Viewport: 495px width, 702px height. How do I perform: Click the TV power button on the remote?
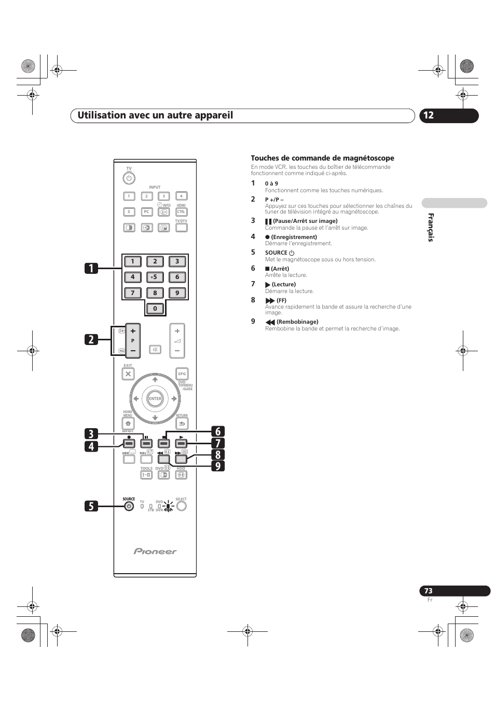[129, 178]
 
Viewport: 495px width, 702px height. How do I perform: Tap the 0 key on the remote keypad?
[155, 309]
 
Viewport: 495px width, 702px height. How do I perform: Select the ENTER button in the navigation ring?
[155, 399]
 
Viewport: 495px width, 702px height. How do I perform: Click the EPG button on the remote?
[182, 374]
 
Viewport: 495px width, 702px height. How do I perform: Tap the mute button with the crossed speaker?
[155, 349]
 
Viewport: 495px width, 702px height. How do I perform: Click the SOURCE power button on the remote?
[129, 506]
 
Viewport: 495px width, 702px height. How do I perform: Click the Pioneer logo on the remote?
[155, 551]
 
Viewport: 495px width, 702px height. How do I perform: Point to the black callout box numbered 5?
[91, 506]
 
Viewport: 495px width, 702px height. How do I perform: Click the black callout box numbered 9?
[218, 466]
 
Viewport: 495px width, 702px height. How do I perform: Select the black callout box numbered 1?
[91, 268]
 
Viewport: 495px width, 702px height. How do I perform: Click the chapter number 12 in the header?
[428, 115]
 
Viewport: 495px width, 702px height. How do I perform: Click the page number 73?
[428, 591]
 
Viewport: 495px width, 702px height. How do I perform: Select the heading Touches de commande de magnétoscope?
[322, 158]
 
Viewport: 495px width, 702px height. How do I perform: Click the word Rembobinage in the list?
[297, 322]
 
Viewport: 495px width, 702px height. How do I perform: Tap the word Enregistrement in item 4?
[294, 237]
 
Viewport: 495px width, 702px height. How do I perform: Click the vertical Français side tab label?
[431, 228]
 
